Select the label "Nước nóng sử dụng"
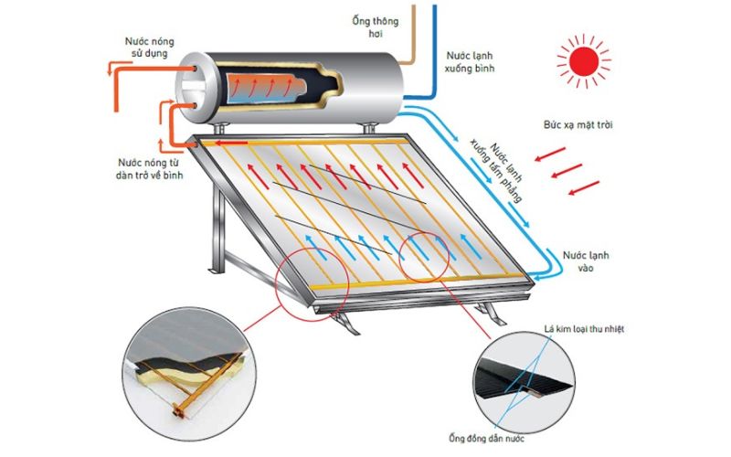click(x=152, y=48)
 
